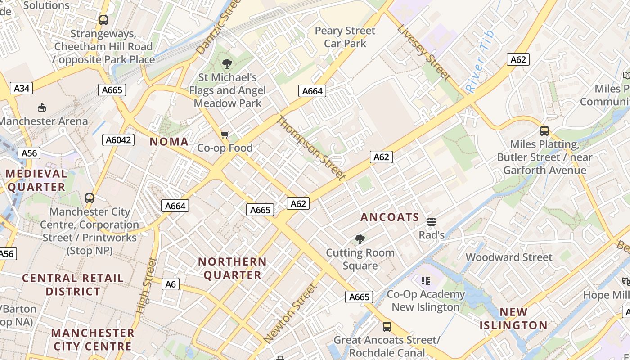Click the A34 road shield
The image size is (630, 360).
click(22, 88)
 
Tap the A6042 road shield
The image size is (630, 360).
click(119, 140)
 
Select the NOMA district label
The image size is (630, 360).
click(169, 142)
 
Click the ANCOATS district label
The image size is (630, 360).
click(390, 217)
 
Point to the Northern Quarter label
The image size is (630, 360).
click(232, 268)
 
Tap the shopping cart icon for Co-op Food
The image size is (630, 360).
click(225, 135)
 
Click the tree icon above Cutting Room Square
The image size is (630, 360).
click(360, 239)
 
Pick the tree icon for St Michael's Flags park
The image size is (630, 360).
click(227, 64)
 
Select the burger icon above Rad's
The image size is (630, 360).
click(432, 221)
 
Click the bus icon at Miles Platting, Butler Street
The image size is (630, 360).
click(544, 131)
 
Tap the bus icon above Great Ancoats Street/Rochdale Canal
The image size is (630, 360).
click(387, 326)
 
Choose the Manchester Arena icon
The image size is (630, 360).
click(42, 108)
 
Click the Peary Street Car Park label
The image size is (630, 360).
click(345, 37)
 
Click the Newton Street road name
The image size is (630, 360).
click(290, 313)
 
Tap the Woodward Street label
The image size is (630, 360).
click(508, 257)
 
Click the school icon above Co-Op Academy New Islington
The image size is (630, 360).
click(426, 281)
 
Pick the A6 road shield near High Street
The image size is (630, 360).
click(171, 284)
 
